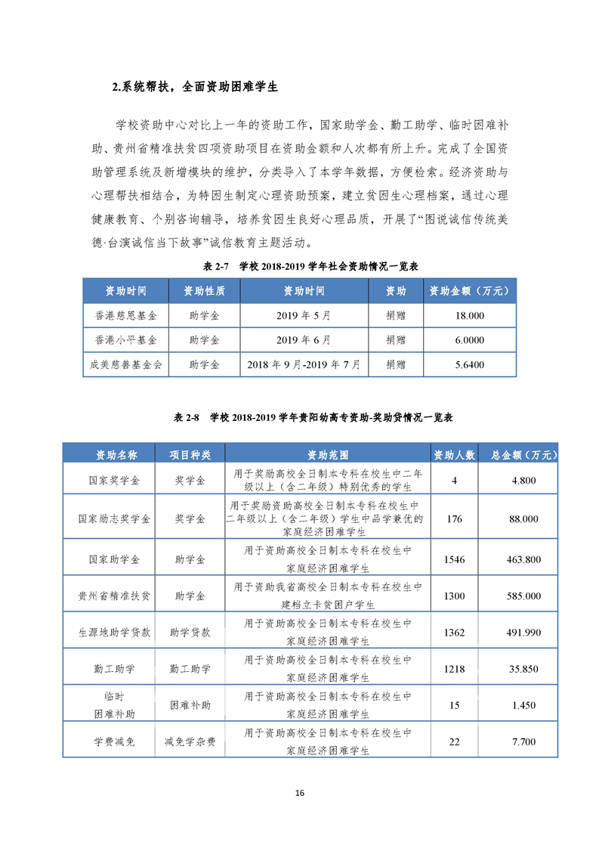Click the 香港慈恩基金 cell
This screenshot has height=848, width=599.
tap(125, 315)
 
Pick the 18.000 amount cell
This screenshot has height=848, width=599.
tap(470, 315)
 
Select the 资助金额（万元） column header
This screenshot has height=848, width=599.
tap(470, 291)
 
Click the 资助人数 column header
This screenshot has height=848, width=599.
tap(454, 455)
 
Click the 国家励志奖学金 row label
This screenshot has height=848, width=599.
tap(114, 518)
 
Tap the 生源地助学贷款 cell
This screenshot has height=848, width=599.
tap(114, 633)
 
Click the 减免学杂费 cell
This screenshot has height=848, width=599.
tap(190, 742)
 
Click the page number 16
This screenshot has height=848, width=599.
tap(299, 793)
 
